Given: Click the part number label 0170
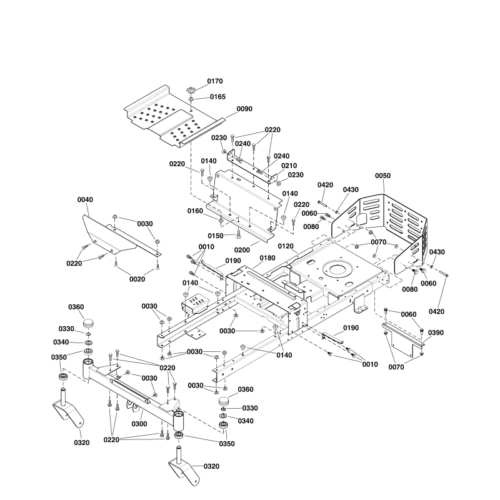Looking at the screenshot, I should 214,81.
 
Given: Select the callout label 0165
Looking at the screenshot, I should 217,97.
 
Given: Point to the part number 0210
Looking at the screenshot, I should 288,166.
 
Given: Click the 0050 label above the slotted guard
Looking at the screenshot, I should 382,176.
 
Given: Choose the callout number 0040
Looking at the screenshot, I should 85,199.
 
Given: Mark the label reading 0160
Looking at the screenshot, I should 196,211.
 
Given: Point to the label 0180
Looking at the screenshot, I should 267,257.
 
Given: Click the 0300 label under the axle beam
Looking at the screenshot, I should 139,424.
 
